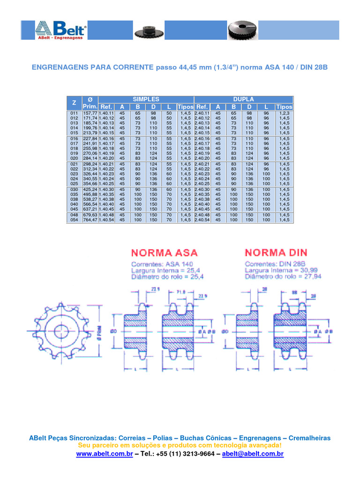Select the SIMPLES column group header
click(x=146, y=99)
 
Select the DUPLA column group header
click(x=243, y=99)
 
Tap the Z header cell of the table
click(x=74, y=103)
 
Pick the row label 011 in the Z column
click(x=74, y=113)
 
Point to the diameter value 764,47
click(x=90, y=219)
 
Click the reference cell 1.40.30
click(x=106, y=189)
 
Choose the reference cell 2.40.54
click(x=202, y=219)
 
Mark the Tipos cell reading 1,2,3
click(x=284, y=113)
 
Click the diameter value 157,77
click(x=90, y=113)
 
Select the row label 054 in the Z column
click(x=74, y=219)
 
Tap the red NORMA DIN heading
click(x=276, y=253)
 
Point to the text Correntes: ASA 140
click(x=162, y=264)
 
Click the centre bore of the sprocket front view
click(x=61, y=331)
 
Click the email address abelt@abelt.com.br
click(x=253, y=454)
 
